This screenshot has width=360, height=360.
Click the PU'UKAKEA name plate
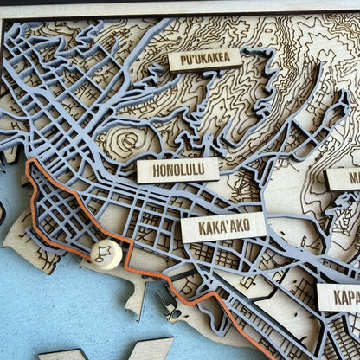point(205,59)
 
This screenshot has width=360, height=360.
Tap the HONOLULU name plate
point(177,170)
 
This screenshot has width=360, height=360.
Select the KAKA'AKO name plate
point(223,228)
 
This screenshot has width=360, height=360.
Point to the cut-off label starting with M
point(344,179)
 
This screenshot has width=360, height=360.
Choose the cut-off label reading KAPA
point(339,297)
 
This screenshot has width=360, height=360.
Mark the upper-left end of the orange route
point(30,162)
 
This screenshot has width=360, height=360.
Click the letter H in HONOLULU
point(156,171)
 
